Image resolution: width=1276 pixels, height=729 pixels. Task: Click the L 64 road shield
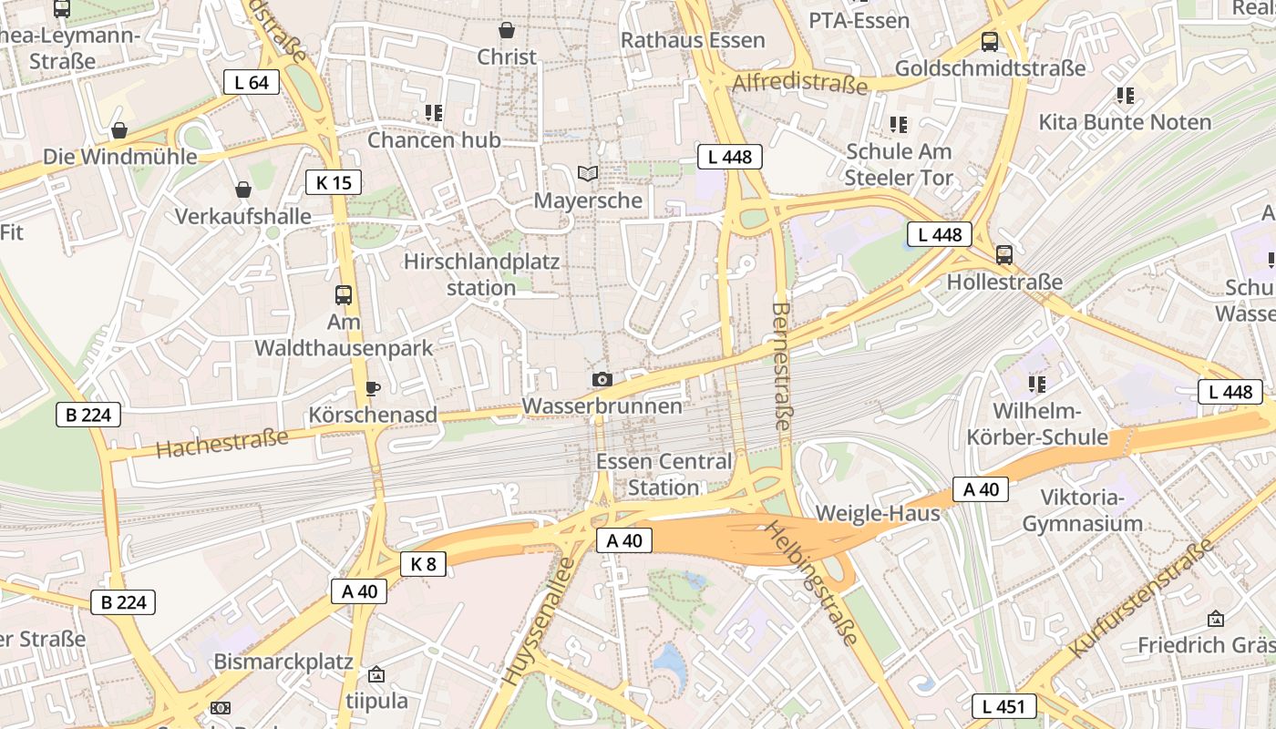[252, 82]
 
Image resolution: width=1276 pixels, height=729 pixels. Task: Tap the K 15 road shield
[334, 182]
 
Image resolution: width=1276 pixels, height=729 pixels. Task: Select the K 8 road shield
[423, 564]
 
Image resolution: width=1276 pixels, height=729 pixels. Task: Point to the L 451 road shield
[1004, 705]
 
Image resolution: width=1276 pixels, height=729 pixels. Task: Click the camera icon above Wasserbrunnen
[602, 379]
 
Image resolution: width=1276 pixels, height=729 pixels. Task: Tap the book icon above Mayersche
[588, 173]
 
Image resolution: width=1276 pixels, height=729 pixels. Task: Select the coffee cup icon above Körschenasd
[372, 388]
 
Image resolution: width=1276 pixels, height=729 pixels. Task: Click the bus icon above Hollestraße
[1004, 255]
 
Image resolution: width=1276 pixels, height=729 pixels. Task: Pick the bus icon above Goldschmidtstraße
[990, 41]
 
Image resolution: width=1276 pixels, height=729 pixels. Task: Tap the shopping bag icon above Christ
[507, 30]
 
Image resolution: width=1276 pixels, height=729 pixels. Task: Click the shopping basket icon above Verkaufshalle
[243, 190]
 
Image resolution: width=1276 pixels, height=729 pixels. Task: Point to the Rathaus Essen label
[693, 41]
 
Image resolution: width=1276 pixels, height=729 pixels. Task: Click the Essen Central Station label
[664, 474]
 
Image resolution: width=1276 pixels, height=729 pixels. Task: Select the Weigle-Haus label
[878, 513]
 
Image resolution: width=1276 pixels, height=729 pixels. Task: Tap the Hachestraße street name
[221, 442]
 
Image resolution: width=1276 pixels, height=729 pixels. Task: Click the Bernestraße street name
[782, 366]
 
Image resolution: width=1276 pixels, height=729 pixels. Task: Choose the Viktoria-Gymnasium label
[1082, 510]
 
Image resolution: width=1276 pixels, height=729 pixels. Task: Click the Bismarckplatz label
[283, 662]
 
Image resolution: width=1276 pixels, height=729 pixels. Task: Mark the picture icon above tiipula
[376, 675]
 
